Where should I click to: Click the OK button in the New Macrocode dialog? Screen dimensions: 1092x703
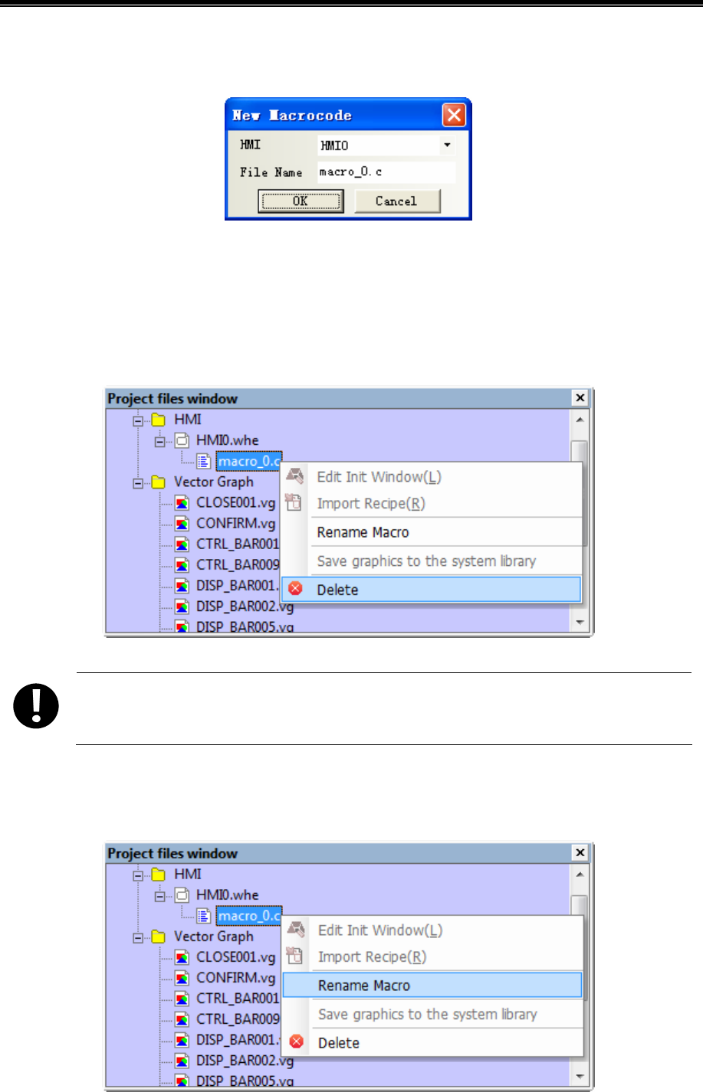pyautogui.click(x=300, y=201)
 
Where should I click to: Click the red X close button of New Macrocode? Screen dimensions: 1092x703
pyautogui.click(x=454, y=115)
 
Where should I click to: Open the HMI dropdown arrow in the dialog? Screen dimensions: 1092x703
pyautogui.click(x=447, y=145)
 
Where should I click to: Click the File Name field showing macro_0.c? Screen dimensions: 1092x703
pyautogui.click(x=386, y=172)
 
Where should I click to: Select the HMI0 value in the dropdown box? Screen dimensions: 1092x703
pyautogui.click(x=376, y=145)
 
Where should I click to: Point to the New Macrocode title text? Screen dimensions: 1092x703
pyautogui.click(x=292, y=116)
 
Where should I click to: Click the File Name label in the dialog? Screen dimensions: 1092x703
pyautogui.click(x=271, y=172)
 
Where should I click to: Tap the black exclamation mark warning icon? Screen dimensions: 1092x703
pyautogui.click(x=36, y=705)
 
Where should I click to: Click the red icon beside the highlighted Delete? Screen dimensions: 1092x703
pyautogui.click(x=295, y=589)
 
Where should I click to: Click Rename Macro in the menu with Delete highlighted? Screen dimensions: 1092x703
pyautogui.click(x=363, y=532)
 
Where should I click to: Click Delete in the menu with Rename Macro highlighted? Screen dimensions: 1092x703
pyautogui.click(x=339, y=1043)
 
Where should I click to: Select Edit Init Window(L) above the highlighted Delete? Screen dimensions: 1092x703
pyautogui.click(x=379, y=477)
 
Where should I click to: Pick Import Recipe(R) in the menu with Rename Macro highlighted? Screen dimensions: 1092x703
pyautogui.click(x=372, y=957)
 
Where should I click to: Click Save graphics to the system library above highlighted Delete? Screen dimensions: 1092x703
pyautogui.click(x=426, y=561)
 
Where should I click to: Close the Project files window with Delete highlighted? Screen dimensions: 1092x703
pyautogui.click(x=580, y=397)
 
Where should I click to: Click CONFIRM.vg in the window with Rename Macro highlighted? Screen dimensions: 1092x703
pyautogui.click(x=235, y=978)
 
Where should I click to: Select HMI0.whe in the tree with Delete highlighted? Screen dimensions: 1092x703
pyautogui.click(x=227, y=440)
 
